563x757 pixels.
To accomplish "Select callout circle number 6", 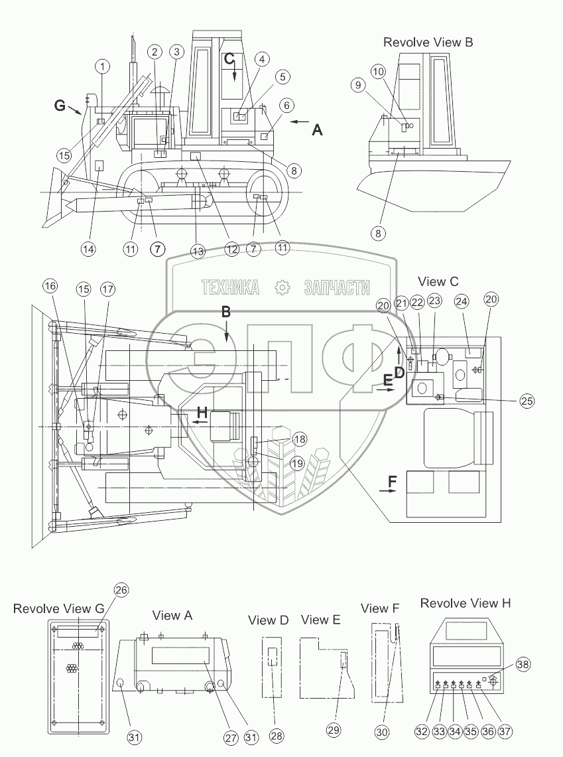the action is point(286,105).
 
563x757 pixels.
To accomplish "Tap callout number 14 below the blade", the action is point(88,249).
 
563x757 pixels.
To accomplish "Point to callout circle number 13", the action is point(198,251).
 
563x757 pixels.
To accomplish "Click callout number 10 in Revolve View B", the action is point(378,72).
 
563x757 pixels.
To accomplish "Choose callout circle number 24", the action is point(462,301).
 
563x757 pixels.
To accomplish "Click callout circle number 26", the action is point(121,590).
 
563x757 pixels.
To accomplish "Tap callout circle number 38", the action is point(523,665).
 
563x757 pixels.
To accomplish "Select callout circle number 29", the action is point(334,730).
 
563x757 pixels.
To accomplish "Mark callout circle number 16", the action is point(50,286).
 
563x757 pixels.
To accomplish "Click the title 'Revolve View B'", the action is point(428,42).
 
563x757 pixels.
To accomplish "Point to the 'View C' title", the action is point(438,281).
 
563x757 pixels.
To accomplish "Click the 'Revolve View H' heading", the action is point(465,603).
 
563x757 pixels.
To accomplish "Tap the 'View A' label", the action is point(172,616).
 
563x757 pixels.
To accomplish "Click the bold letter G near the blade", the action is point(60,105).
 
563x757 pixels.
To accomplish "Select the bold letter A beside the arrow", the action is point(317,129).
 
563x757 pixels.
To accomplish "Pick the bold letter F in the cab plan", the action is point(392,481).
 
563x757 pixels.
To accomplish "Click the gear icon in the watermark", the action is point(282,288).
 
